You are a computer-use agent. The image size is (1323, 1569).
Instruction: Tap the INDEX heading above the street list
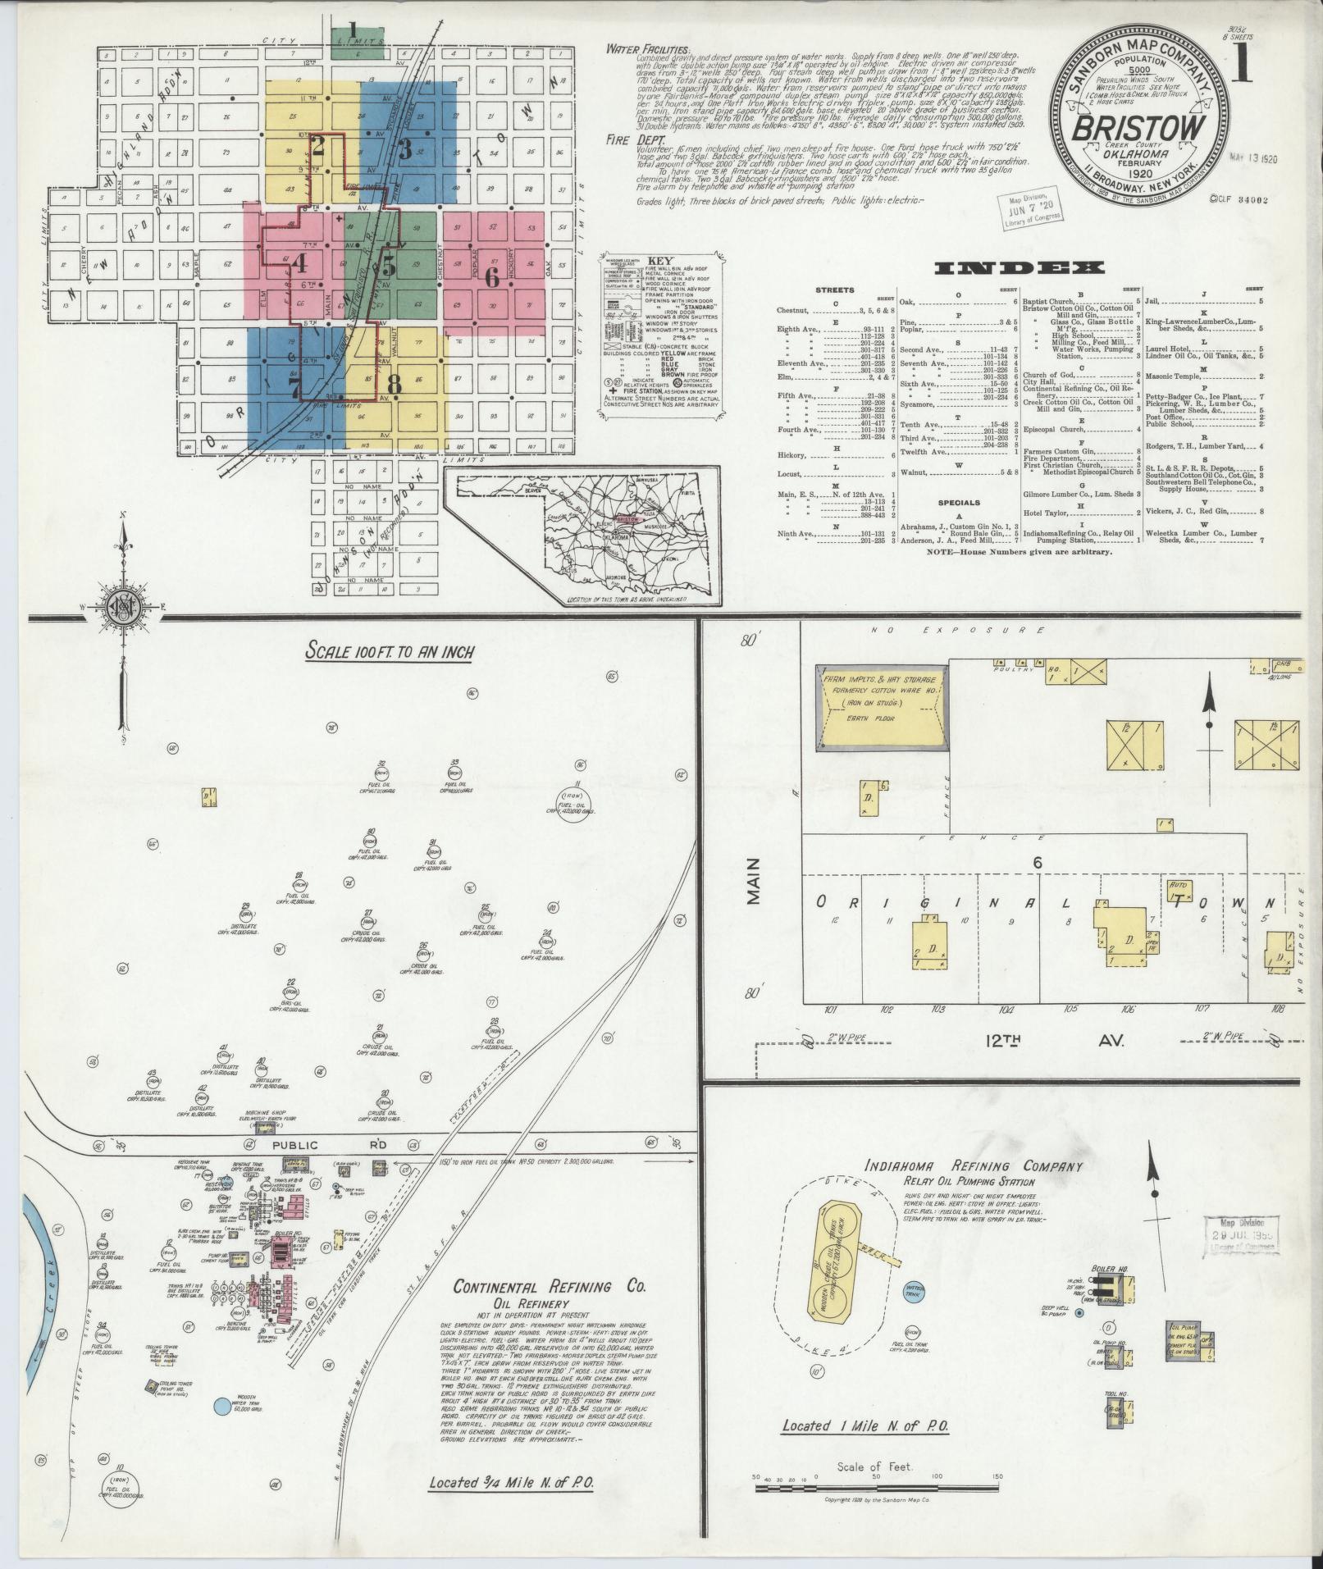pos(1019,267)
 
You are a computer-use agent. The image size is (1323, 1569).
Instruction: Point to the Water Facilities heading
pos(647,49)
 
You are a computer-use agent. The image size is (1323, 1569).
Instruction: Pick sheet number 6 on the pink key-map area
pos(491,277)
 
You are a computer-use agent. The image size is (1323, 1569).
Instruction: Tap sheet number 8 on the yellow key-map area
pos(395,382)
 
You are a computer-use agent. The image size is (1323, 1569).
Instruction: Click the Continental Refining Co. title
pos(549,1286)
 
